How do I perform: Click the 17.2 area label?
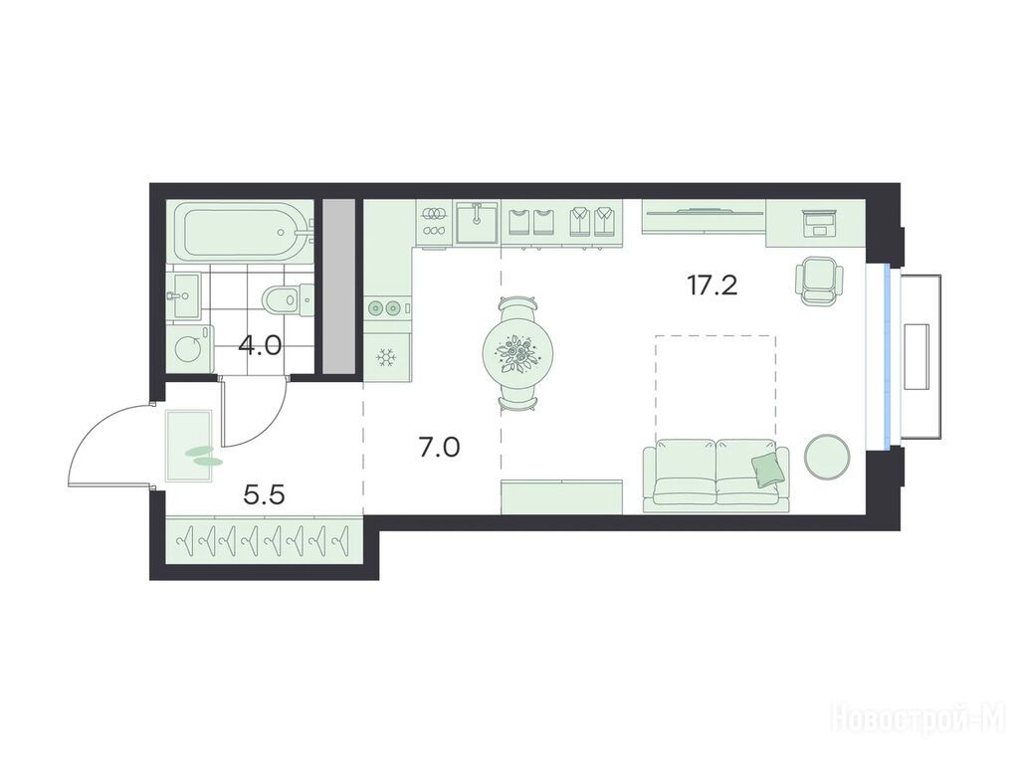tap(713, 286)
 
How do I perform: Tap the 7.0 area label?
tap(439, 447)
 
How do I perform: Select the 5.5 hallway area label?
tap(264, 496)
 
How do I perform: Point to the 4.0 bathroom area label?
tap(260, 345)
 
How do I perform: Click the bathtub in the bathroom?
tap(241, 231)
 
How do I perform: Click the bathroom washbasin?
tap(185, 294)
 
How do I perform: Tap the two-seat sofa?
tap(715, 476)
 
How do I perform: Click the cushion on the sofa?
tap(766, 470)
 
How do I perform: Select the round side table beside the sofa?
tap(827, 456)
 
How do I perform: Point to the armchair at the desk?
tap(819, 282)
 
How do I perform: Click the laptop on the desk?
tap(819, 224)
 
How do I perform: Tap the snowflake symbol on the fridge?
tap(387, 357)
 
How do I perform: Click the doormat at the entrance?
tap(190, 447)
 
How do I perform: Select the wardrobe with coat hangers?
tap(263, 538)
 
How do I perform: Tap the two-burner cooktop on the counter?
tap(384, 307)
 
